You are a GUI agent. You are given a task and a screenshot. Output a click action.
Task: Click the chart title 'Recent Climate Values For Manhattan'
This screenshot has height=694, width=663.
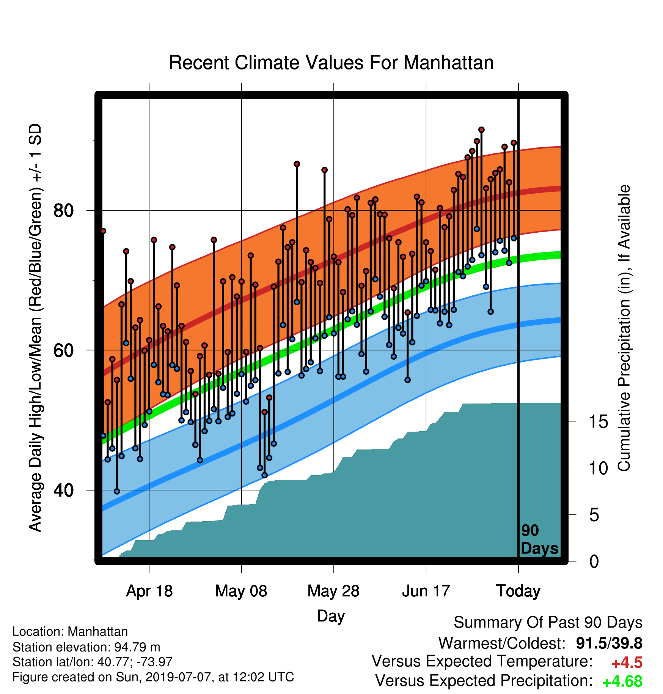tap(331, 63)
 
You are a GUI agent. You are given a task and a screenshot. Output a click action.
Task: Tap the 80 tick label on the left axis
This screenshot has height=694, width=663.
tap(63, 210)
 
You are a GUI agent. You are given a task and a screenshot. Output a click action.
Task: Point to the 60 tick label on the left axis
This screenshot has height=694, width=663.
tap(63, 350)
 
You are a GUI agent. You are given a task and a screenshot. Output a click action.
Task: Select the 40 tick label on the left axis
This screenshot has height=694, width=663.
tap(63, 490)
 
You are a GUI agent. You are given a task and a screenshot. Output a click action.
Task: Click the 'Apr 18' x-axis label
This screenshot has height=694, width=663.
tap(149, 591)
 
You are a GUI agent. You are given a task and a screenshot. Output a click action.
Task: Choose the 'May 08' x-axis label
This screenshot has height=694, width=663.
tap(241, 591)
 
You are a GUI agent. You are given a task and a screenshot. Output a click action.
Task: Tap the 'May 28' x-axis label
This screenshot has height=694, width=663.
tap(333, 591)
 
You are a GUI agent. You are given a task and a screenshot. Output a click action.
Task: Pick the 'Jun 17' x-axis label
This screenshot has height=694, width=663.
tap(426, 591)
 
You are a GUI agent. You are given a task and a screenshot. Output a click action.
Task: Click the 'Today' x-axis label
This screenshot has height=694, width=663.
tap(518, 591)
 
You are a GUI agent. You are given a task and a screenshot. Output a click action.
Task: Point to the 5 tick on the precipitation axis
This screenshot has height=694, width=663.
tap(594, 515)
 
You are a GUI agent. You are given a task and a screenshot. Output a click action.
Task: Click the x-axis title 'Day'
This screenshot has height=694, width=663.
tap(331, 616)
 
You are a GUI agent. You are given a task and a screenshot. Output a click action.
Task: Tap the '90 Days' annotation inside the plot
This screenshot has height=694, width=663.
tap(539, 539)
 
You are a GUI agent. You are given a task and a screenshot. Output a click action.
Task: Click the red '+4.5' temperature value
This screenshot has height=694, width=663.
tap(627, 663)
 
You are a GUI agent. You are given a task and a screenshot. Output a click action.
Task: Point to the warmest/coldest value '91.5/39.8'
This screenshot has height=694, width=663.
tap(609, 644)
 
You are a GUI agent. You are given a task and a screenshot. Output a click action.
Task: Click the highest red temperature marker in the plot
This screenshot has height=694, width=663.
tap(481, 130)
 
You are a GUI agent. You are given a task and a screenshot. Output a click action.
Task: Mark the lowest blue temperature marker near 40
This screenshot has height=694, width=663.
tap(117, 491)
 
